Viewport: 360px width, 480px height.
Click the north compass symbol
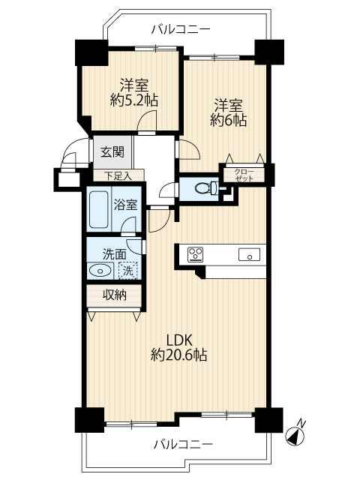pyautogui.click(x=295, y=434)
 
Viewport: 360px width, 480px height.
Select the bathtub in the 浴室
pyautogui.click(x=98, y=210)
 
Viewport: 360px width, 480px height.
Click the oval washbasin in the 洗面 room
pyautogui.click(x=98, y=270)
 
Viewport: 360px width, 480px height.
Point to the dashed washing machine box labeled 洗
pyautogui.click(x=128, y=270)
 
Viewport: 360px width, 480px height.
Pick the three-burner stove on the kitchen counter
pyautogui.click(x=195, y=254)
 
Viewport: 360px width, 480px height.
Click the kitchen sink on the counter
pyautogui.click(x=249, y=254)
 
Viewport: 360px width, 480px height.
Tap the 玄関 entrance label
pyautogui.click(x=112, y=151)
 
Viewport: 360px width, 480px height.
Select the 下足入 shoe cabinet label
pyautogui.click(x=118, y=175)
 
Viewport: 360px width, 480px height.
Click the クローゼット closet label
pyautogui.click(x=244, y=175)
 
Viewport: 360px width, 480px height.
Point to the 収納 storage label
pyautogui.click(x=114, y=295)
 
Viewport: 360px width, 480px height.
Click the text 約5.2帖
pyautogui.click(x=134, y=100)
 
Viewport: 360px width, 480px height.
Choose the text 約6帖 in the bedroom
pyautogui.click(x=228, y=121)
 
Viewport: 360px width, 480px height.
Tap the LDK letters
pyautogui.click(x=178, y=340)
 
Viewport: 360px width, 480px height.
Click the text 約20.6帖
pyautogui.click(x=178, y=355)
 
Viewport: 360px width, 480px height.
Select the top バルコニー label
pyautogui.click(x=181, y=30)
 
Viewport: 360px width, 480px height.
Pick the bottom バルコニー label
pyautogui.click(x=183, y=444)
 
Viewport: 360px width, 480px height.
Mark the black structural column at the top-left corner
pyautogui.click(x=91, y=52)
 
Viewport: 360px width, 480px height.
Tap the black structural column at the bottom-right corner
pyautogui.click(x=269, y=420)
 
